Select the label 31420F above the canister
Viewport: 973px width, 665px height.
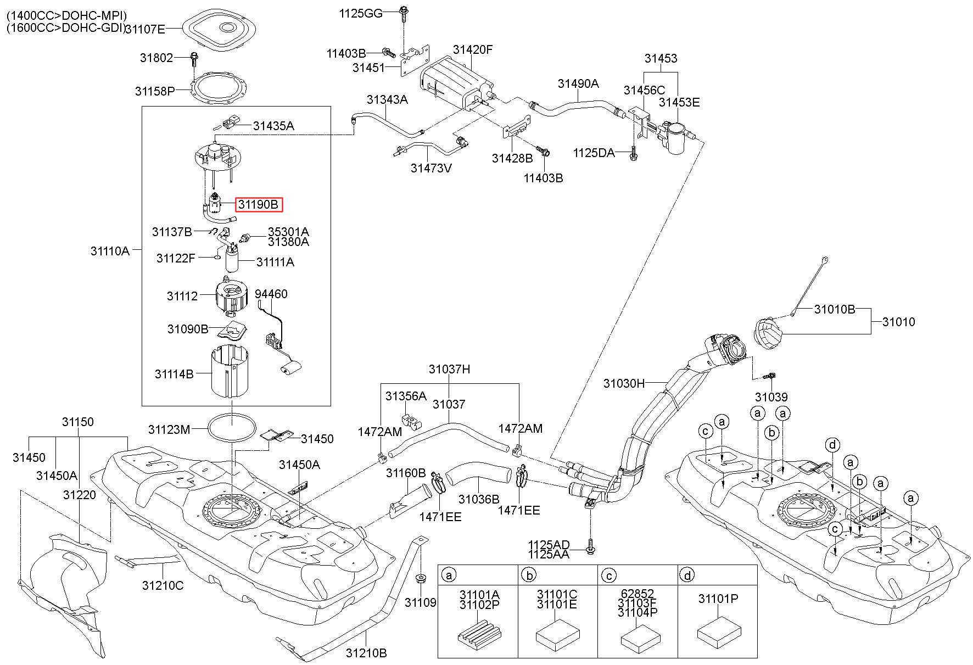point(473,49)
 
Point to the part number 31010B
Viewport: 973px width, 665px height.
point(835,309)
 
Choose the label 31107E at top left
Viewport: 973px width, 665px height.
point(145,29)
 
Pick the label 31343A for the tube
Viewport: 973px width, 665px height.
point(388,99)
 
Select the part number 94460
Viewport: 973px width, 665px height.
point(271,294)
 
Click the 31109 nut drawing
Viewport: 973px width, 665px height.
point(421,578)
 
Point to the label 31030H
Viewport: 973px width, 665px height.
point(624,383)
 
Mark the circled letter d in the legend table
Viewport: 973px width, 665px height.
point(687,575)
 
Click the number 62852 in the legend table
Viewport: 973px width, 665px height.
point(638,594)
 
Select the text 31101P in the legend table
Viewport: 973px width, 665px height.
point(718,599)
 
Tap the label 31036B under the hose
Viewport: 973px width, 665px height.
point(479,499)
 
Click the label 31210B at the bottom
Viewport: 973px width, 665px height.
point(366,653)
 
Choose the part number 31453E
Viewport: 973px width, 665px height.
point(679,102)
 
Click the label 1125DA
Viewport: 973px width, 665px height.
point(594,152)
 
